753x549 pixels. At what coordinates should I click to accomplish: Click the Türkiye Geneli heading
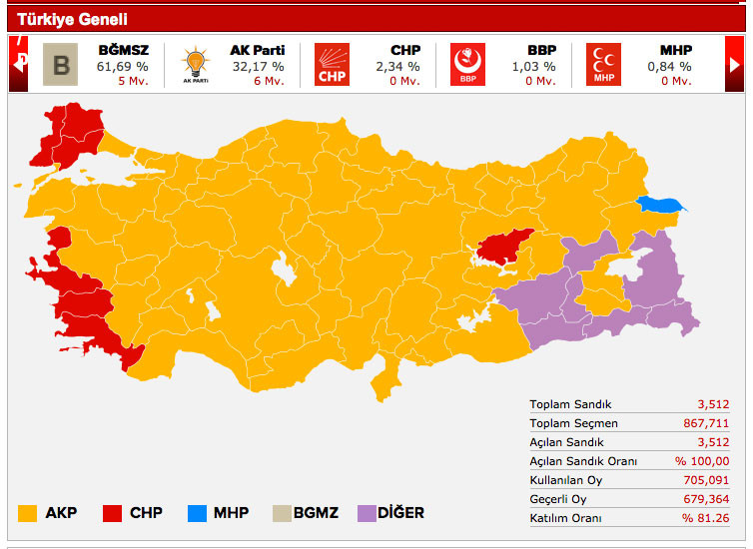click(x=72, y=19)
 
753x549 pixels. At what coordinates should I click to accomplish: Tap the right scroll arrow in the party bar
click(x=734, y=64)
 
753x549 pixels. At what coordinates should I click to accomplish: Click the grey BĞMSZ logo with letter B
click(x=61, y=65)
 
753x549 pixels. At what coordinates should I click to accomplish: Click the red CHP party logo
click(x=332, y=65)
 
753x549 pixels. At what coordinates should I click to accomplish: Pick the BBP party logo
click(x=466, y=65)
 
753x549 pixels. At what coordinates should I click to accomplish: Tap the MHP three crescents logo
click(x=603, y=65)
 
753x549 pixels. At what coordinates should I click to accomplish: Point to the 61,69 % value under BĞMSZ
click(x=122, y=66)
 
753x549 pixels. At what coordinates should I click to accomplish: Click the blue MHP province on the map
click(x=661, y=205)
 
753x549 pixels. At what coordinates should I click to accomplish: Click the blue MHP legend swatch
click(x=197, y=513)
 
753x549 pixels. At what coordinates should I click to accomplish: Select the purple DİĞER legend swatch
click(x=367, y=513)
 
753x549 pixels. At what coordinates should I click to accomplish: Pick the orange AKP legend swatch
click(x=27, y=513)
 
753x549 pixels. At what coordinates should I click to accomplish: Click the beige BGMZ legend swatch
click(x=281, y=513)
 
